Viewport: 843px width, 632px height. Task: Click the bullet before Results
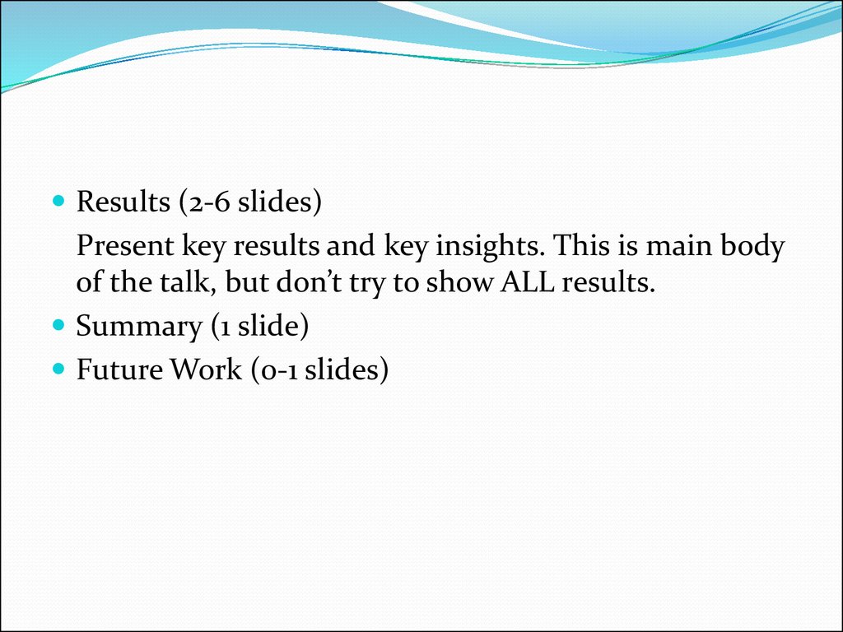pyautogui.click(x=58, y=201)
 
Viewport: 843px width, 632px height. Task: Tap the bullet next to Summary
pyautogui.click(x=58, y=325)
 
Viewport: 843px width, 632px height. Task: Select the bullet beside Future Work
pyautogui.click(x=58, y=369)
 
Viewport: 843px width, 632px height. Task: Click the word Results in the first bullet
pyautogui.click(x=123, y=202)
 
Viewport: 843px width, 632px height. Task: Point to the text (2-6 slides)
pyautogui.click(x=250, y=202)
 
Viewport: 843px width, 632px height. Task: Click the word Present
pyautogui.click(x=125, y=245)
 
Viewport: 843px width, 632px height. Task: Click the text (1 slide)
pyautogui.click(x=259, y=326)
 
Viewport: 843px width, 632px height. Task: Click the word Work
pyautogui.click(x=206, y=369)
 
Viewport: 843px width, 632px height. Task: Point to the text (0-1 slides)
pyautogui.click(x=319, y=369)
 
